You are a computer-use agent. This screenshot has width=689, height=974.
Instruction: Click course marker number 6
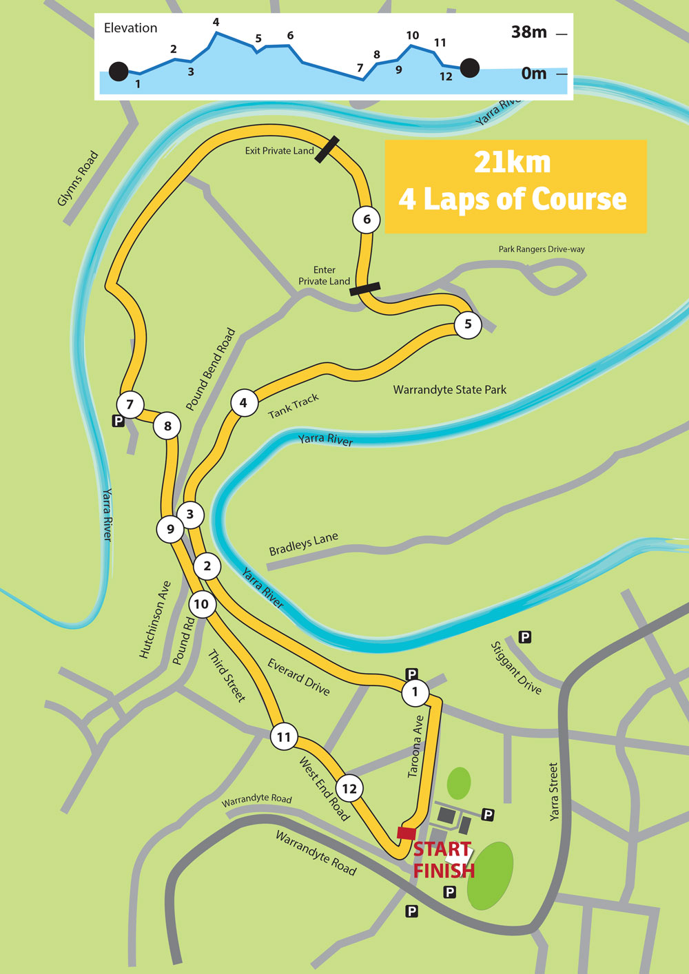coord(367,220)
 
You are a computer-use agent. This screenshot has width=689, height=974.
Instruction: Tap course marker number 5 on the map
coord(468,324)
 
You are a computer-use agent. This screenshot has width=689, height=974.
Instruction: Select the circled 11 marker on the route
coord(284,737)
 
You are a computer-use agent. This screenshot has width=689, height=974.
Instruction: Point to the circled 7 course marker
coord(130,404)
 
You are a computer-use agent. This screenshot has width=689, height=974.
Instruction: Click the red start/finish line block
coord(406,833)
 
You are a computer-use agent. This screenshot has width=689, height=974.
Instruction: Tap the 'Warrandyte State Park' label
coord(449,390)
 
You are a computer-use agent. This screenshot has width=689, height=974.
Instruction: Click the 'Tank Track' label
coord(294,406)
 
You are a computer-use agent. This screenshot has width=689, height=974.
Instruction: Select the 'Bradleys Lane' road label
coord(303,544)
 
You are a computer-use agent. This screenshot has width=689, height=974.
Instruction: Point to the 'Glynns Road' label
coord(78,178)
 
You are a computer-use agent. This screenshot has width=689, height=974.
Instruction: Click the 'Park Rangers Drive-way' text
coord(542,249)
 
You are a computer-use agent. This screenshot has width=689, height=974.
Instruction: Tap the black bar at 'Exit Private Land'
coord(327,149)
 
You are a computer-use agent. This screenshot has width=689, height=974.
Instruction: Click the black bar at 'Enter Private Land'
coord(364,289)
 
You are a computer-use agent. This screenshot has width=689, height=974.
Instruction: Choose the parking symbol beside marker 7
coord(119,421)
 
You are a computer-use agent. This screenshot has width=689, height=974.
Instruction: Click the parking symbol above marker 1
coord(412,674)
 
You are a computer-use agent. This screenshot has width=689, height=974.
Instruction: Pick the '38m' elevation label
coord(528,32)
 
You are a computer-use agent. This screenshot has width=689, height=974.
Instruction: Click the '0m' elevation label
coord(533,73)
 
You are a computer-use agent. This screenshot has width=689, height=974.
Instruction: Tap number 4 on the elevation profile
coord(216,22)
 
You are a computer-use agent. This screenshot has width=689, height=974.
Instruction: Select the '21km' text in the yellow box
coord(513,163)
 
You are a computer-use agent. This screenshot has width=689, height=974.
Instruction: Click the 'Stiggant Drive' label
coord(516,667)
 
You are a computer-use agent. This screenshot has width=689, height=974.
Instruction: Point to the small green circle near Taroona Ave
coord(459,783)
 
